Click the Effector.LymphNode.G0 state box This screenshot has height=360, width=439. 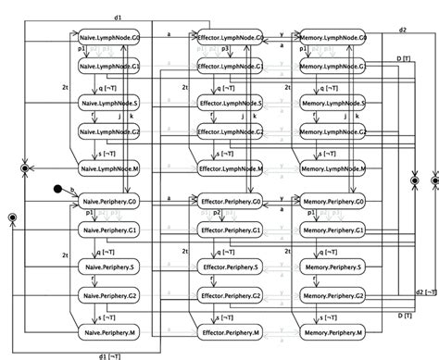(x=232, y=36)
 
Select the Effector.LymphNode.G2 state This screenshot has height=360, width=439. (x=232, y=134)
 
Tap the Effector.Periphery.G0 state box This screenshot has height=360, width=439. (x=232, y=199)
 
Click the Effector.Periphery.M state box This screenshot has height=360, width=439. (x=232, y=329)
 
